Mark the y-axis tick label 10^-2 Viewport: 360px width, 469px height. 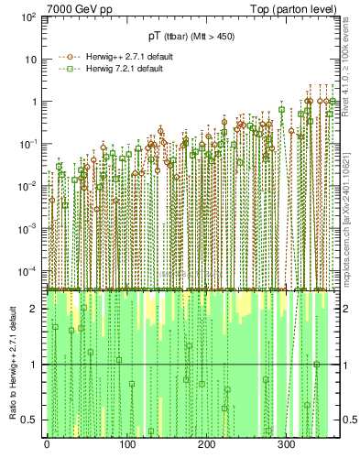click(30, 186)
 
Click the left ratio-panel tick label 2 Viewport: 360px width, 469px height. click(37, 309)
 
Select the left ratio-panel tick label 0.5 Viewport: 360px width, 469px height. click(32, 420)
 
